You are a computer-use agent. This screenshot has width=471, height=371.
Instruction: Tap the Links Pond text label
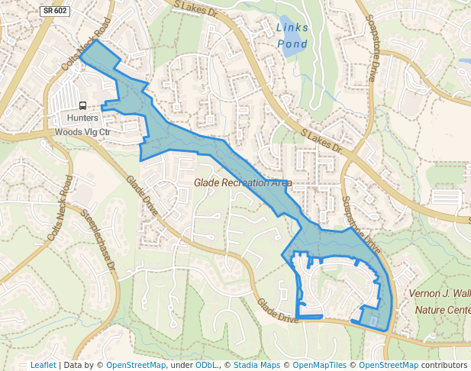(292, 36)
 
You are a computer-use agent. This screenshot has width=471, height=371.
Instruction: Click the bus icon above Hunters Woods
(82, 106)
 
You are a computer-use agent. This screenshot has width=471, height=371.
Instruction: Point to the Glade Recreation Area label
(243, 183)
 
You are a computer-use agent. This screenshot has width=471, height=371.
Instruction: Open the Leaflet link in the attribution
(43, 365)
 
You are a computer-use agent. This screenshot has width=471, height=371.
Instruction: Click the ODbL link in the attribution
(205, 365)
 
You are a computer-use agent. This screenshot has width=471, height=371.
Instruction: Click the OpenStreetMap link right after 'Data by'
(135, 365)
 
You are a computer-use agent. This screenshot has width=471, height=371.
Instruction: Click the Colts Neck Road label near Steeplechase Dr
(60, 209)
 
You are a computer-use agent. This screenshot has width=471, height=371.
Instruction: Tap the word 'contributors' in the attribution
(445, 365)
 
